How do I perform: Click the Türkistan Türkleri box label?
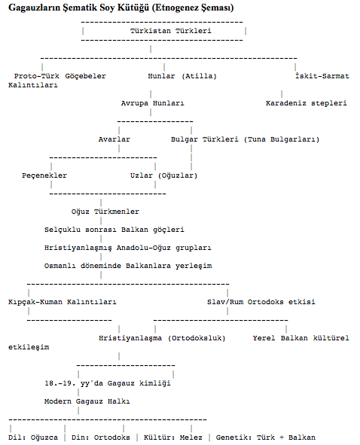[x=171, y=31]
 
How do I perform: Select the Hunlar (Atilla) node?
[x=182, y=76]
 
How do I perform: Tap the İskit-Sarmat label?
[x=322, y=76]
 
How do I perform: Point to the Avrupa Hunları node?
[x=152, y=103]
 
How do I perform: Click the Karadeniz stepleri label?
[x=306, y=103]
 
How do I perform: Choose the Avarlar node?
[x=114, y=139]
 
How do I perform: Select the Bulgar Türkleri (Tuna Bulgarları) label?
[x=245, y=139]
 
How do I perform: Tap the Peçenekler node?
[x=44, y=175]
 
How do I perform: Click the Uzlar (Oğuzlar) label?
[x=164, y=175]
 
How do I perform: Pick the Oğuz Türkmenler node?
[x=105, y=212]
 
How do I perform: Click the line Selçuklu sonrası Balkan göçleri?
[x=114, y=230]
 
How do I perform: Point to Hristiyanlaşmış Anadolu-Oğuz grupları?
[x=128, y=248]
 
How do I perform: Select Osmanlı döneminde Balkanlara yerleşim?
[x=128, y=266]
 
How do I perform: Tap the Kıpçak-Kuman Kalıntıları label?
[x=63, y=302]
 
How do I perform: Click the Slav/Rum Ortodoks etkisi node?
[x=261, y=302]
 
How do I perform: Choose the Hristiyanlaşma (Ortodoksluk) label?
[x=162, y=338]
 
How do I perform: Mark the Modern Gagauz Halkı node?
[x=87, y=401]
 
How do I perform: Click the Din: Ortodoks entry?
[x=100, y=437]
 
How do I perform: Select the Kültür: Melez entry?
[x=173, y=437]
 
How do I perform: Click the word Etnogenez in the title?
[x=178, y=8]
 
